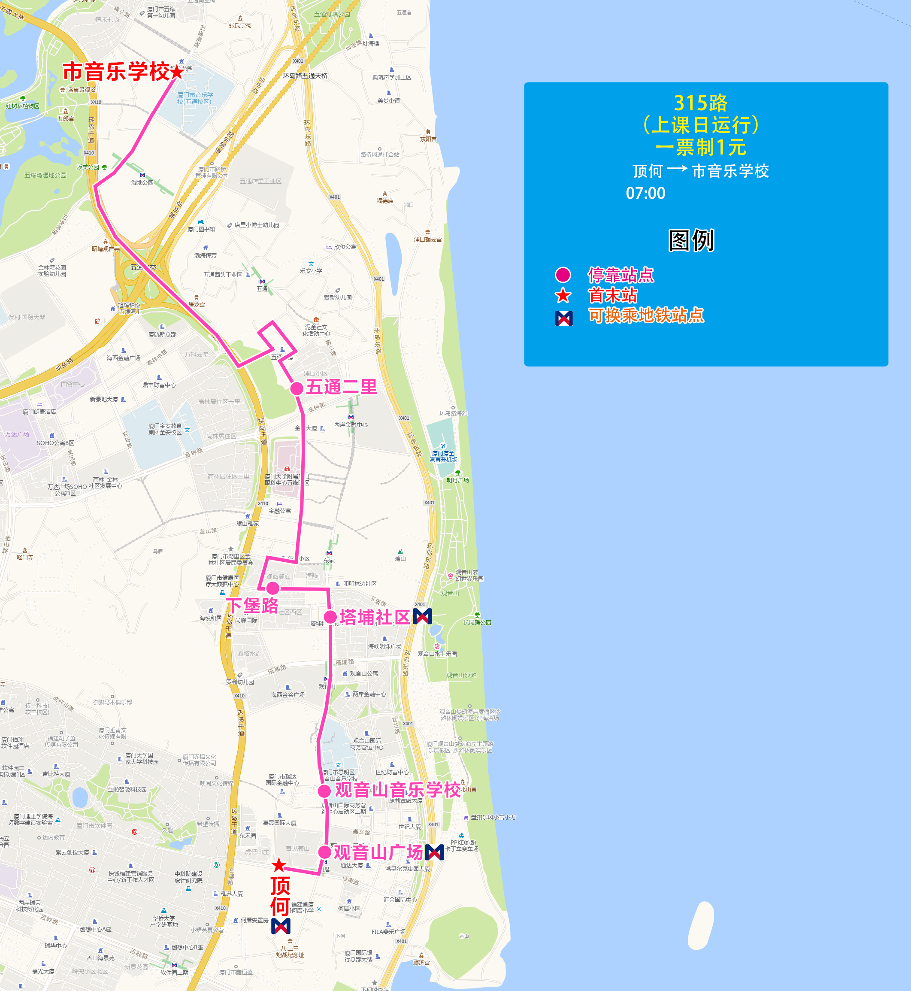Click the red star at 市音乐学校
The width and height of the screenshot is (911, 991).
[x=177, y=72]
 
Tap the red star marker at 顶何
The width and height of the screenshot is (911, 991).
[x=279, y=865]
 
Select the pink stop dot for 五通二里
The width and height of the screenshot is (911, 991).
[x=297, y=388]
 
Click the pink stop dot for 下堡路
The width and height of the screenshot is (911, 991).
[x=272, y=588]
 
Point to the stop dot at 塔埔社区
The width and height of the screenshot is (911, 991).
[x=330, y=616]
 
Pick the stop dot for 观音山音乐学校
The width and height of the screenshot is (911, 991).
[x=324, y=791]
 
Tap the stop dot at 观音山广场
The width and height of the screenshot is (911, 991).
[x=324, y=852]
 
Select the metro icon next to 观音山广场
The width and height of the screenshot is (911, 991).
[x=434, y=852]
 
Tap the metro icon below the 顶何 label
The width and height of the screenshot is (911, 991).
[x=281, y=926]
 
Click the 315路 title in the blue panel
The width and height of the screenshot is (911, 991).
[x=700, y=103]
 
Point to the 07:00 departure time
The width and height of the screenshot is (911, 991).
[x=645, y=193]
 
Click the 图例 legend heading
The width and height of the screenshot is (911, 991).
[x=691, y=241]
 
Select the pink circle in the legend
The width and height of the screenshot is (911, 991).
[x=563, y=275]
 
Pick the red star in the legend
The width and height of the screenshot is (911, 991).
[x=563, y=296]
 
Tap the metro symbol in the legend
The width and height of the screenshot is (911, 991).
[x=563, y=318]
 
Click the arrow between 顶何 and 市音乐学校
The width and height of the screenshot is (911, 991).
[x=677, y=169]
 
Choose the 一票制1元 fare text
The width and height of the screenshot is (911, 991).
[x=700, y=147]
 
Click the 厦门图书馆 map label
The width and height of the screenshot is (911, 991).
[x=202, y=229]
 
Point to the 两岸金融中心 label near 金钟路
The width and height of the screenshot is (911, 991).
[x=351, y=424]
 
